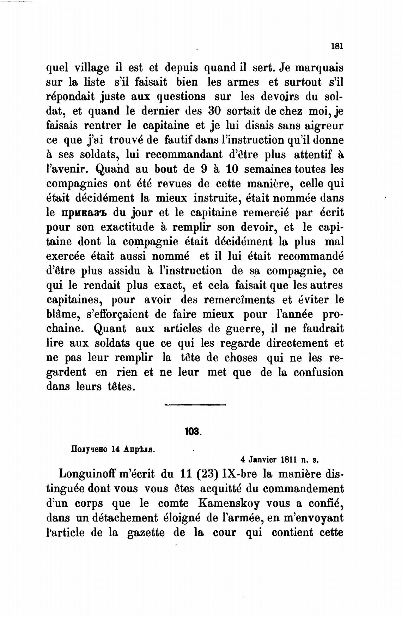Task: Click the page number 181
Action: tap(337, 47)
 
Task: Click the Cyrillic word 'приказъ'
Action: tap(81, 213)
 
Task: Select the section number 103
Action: tap(192, 431)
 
